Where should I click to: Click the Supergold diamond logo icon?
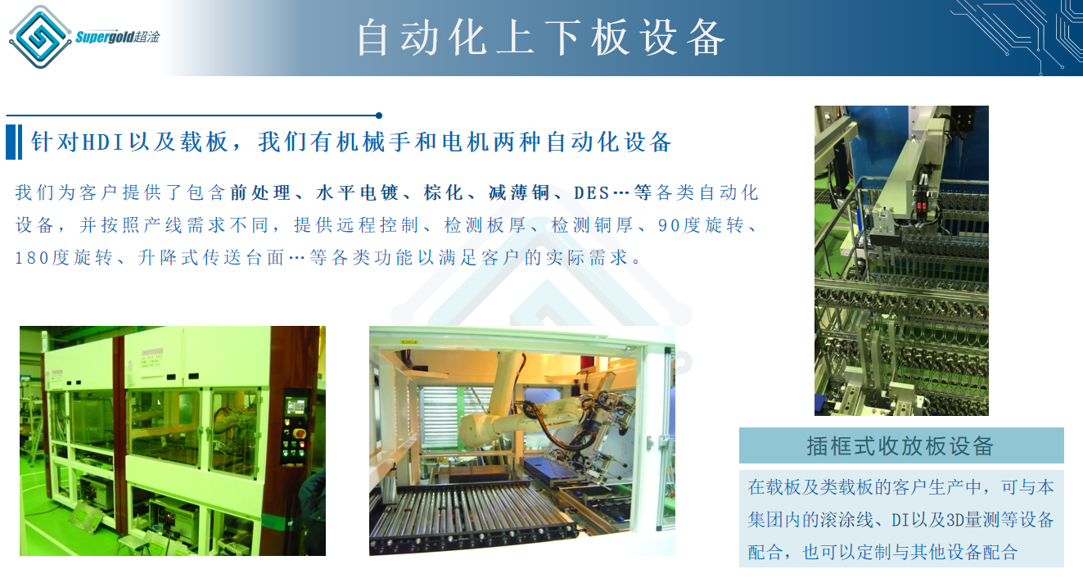(40, 37)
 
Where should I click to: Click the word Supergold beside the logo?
(104, 37)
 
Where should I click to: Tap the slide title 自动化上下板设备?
(541, 38)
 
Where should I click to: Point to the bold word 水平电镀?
(357, 192)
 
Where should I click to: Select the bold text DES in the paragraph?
(591, 193)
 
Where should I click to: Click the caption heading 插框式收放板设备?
(900, 445)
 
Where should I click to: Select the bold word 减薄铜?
(519, 192)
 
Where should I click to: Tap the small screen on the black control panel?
(296, 406)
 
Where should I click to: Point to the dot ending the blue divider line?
(379, 115)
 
